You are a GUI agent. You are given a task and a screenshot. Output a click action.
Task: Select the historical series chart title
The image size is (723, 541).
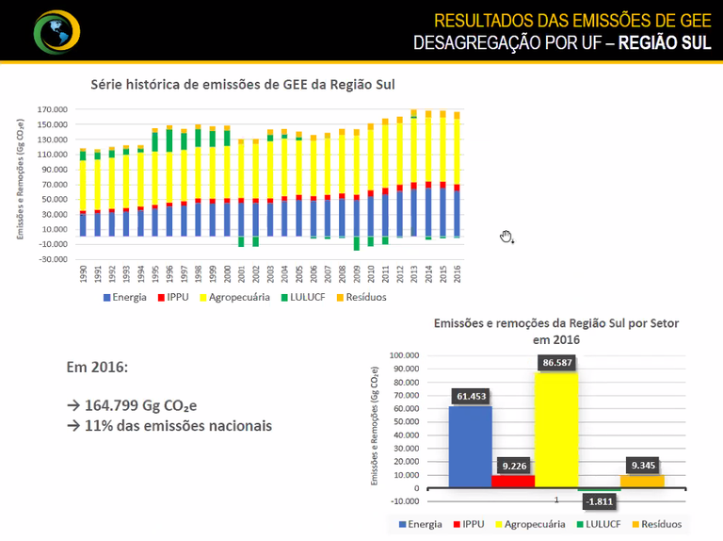[x=242, y=84]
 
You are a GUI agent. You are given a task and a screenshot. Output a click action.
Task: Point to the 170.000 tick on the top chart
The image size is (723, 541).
[x=53, y=109]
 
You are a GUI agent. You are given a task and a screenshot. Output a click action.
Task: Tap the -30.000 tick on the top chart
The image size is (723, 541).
[x=53, y=259]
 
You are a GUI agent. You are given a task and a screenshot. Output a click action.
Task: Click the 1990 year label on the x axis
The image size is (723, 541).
[x=84, y=275]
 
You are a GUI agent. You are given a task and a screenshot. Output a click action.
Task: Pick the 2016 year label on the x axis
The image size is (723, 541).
[x=458, y=275]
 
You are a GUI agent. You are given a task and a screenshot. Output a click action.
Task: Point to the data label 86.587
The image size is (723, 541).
[x=557, y=362]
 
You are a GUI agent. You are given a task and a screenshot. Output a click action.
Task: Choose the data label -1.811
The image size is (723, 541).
[x=600, y=500]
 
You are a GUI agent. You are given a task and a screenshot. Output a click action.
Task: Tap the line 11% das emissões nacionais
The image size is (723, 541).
[x=169, y=426]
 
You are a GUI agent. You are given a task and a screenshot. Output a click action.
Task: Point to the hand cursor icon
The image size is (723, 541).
[x=506, y=237]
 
